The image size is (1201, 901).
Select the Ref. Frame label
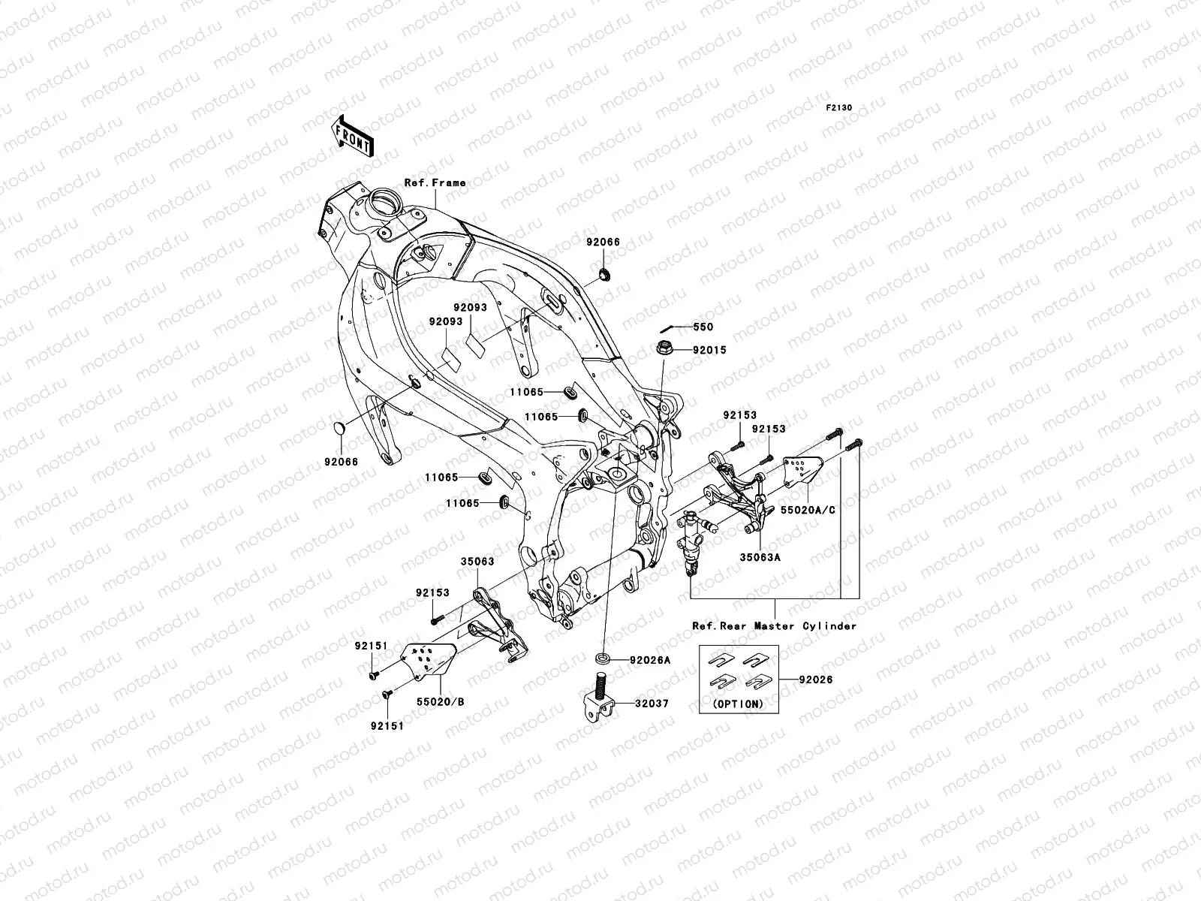[435, 182]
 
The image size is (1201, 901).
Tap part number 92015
[709, 350]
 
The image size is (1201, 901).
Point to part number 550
[703, 327]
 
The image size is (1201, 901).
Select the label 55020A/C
[807, 509]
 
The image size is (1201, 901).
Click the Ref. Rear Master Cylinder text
[775, 625]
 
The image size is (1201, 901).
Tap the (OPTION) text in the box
[737, 704]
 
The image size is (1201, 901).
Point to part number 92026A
[650, 660]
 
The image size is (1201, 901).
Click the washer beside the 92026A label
[604, 659]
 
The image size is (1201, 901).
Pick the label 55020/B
[441, 701]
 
